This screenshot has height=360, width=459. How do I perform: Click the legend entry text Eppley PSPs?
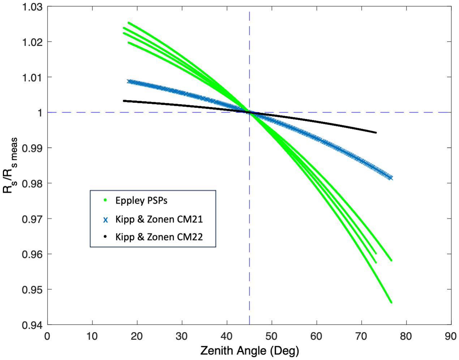tap(141, 201)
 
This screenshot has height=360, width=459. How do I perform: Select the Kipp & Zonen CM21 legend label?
tap(159, 219)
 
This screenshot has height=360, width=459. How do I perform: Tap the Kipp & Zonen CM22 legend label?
tap(159, 237)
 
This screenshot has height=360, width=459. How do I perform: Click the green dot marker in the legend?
tap(105, 200)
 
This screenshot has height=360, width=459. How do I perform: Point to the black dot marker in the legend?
tap(105, 237)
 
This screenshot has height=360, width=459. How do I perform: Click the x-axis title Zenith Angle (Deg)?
tap(249, 351)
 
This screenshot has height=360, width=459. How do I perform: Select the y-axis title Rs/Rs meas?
tap(10, 165)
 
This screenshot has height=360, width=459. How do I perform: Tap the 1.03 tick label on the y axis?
tap(32, 7)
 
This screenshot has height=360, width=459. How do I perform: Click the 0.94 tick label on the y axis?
tap(32, 325)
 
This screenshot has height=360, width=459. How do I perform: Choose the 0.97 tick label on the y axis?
tap(32, 219)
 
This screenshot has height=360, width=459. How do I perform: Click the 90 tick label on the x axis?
tap(450, 337)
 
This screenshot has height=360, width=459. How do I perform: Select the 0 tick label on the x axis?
tap(47, 337)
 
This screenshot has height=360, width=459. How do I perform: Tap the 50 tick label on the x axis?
tap(271, 337)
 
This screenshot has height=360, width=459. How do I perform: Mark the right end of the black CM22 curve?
tap(376, 133)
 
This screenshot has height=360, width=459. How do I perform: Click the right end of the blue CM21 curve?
tap(390, 177)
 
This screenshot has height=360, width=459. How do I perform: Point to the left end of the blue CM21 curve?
tap(129, 81)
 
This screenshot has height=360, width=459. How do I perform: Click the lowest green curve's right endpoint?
tap(391, 302)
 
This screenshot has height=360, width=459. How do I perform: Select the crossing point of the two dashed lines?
tap(249, 112)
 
